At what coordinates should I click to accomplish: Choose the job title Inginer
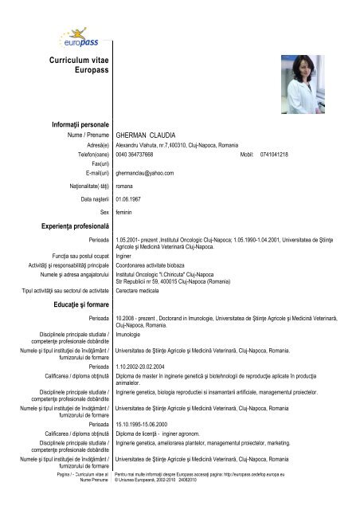(126, 257)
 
